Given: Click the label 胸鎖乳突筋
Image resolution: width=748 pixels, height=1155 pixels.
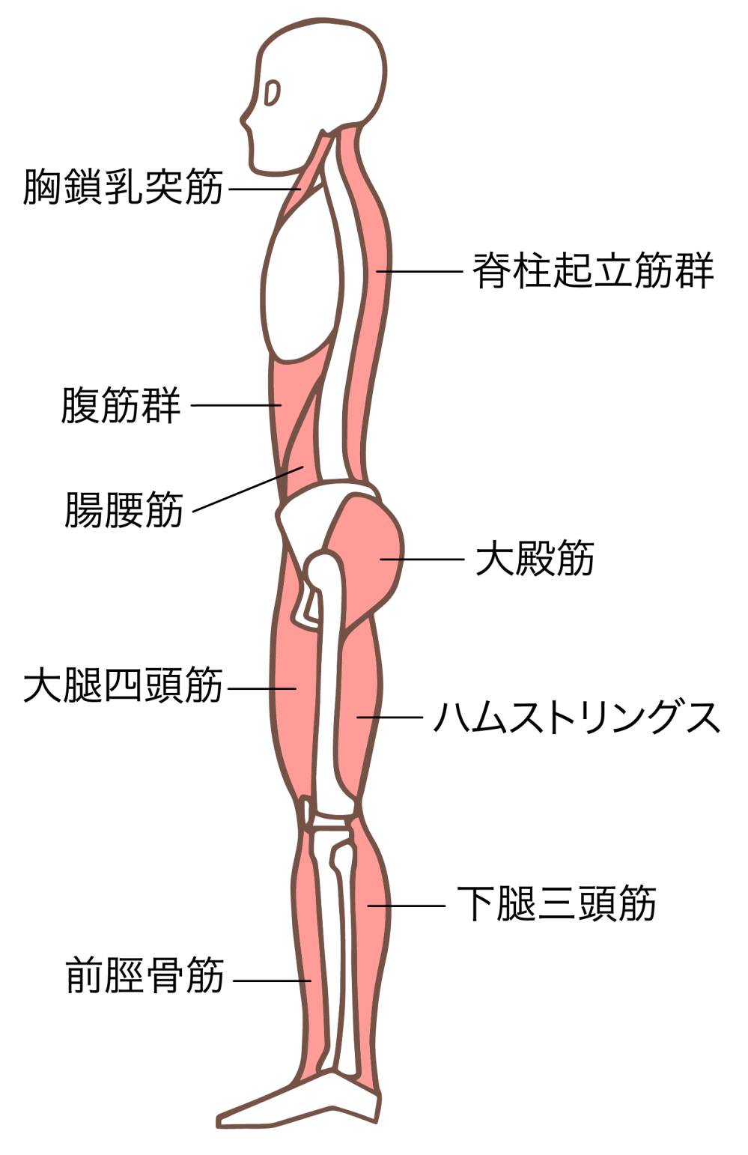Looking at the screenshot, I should click(x=124, y=187).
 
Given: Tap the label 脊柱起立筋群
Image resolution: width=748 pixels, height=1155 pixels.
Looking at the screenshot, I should click(x=592, y=270).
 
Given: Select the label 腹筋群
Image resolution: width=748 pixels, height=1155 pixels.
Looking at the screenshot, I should click(x=121, y=405).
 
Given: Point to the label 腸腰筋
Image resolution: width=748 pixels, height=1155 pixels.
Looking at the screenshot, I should click(x=124, y=510).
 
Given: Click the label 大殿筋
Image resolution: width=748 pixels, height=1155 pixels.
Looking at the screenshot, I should click(x=535, y=559).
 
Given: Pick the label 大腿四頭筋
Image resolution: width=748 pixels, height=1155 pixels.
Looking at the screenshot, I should click(x=124, y=686).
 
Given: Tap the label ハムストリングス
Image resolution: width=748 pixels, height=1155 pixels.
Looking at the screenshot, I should click(x=577, y=718).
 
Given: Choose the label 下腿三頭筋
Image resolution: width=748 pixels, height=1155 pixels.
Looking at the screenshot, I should click(x=556, y=904).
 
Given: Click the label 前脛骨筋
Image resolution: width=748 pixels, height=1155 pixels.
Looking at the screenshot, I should click(x=145, y=976).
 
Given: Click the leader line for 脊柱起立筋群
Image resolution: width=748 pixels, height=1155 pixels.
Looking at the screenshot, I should click(x=419, y=271).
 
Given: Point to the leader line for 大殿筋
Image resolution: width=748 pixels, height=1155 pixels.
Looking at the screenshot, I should click(x=423, y=559).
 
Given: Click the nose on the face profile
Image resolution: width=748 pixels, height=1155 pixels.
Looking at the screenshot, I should click(x=244, y=120).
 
